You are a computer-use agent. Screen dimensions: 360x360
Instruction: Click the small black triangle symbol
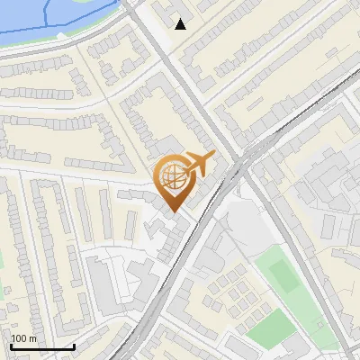coord(181,24)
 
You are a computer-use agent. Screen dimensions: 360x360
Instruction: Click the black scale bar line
coord(42,346)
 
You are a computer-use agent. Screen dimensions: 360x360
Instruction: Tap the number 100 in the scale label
coord(19,338)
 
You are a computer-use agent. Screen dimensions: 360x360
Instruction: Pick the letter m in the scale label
coord(32,338)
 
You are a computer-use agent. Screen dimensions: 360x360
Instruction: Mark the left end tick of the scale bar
coord(11,345)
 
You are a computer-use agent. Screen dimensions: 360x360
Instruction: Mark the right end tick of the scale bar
coord(74,345)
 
